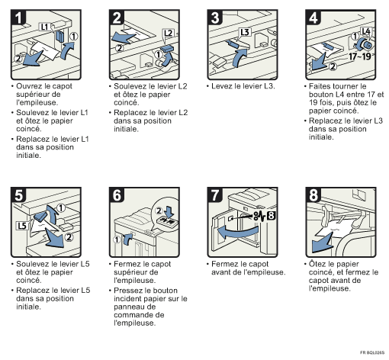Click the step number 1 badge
point(18,18)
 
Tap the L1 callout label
point(44,27)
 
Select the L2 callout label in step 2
point(169,33)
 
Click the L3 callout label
point(245,32)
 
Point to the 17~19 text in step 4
point(360,56)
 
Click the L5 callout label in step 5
point(22,226)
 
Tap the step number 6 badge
point(117,195)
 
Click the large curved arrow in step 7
point(238,232)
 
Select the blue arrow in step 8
point(323,243)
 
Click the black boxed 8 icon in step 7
point(272,216)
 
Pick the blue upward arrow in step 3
point(240,58)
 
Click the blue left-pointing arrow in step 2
point(124,37)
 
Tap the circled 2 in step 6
point(159,211)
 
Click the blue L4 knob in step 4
point(364,45)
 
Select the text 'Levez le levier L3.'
point(243,86)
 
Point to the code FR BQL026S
point(372,352)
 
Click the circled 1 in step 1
point(74,37)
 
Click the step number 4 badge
point(313,18)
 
